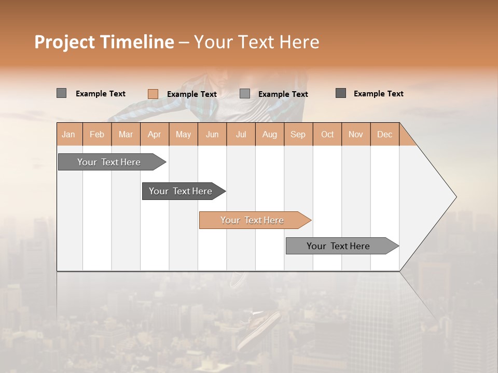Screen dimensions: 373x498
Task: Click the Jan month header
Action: [x=68, y=134]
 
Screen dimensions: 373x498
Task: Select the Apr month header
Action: [x=155, y=134]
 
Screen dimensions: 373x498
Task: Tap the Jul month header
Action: [x=241, y=134]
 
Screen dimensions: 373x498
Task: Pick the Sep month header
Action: [x=298, y=134]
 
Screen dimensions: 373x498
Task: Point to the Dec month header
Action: [x=384, y=134]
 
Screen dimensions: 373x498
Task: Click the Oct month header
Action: [x=327, y=134]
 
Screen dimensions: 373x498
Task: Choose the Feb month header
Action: [x=97, y=134]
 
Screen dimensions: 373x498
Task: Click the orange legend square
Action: [x=153, y=94]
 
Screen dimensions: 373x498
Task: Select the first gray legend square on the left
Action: [x=61, y=93]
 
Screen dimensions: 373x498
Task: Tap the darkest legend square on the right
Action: [x=341, y=93]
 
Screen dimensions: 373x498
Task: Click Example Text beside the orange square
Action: [x=191, y=94]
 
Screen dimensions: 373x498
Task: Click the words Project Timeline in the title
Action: [x=104, y=42]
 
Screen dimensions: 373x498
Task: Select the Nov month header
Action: [x=356, y=134]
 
